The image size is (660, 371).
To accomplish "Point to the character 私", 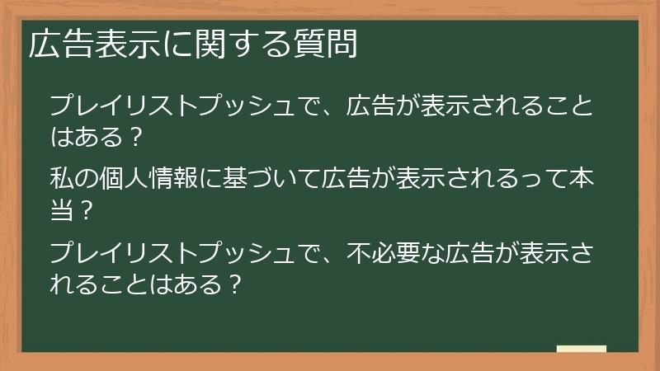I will pyautogui.click(x=62, y=178).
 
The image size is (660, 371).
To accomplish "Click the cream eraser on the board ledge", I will pyautogui.click(x=581, y=349).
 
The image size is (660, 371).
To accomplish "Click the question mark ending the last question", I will pyautogui.click(x=234, y=284).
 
